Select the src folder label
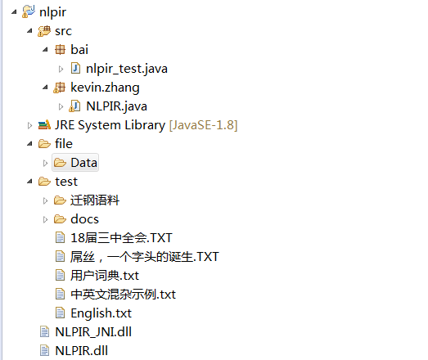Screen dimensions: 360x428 click(x=63, y=31)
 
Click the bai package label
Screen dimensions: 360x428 click(x=79, y=50)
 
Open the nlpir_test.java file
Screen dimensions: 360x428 click(x=127, y=69)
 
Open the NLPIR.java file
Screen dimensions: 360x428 click(x=116, y=106)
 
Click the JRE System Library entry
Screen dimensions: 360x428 click(x=110, y=125)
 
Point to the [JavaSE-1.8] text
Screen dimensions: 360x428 click(x=203, y=125)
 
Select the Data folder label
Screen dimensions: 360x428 click(x=83, y=163)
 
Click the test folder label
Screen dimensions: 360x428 click(x=66, y=182)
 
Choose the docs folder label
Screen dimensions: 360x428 click(x=84, y=219)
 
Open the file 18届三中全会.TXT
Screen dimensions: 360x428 click(x=120, y=238)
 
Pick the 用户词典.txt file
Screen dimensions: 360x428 click(x=105, y=276)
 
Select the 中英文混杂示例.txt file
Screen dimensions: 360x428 click(x=123, y=295)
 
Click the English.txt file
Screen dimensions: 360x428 click(x=101, y=313)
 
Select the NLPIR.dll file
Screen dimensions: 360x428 click(x=81, y=351)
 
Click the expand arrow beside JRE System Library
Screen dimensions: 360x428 click(x=30, y=125)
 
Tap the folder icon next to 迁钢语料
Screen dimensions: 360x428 click(x=60, y=200)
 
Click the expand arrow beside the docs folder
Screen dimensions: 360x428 click(x=46, y=219)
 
